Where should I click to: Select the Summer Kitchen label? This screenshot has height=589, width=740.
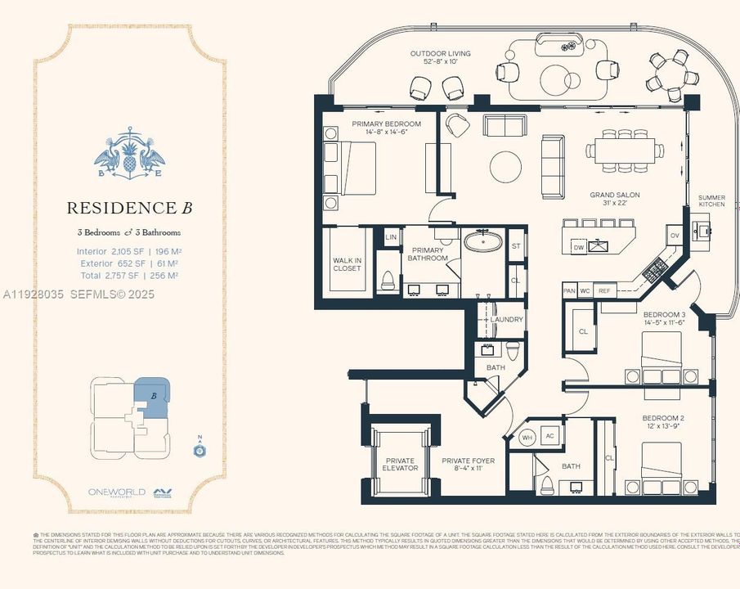pos(711,200)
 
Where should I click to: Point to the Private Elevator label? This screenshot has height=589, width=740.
pos(400,464)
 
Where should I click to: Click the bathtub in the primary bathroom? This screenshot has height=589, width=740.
pos(485,242)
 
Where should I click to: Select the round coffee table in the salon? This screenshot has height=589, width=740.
pos(505,167)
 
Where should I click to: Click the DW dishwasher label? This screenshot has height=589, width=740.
pos(578,246)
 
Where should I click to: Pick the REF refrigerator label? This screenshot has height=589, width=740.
pos(604,290)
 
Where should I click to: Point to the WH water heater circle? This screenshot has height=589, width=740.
pos(527,436)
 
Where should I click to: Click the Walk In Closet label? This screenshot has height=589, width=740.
pos(347,264)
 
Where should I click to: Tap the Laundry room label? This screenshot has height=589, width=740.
pos(506,320)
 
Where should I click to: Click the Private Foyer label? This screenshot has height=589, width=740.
pos(469,464)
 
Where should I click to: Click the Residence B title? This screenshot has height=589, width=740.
pos(129,208)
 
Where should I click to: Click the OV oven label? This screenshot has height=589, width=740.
pos(675,236)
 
